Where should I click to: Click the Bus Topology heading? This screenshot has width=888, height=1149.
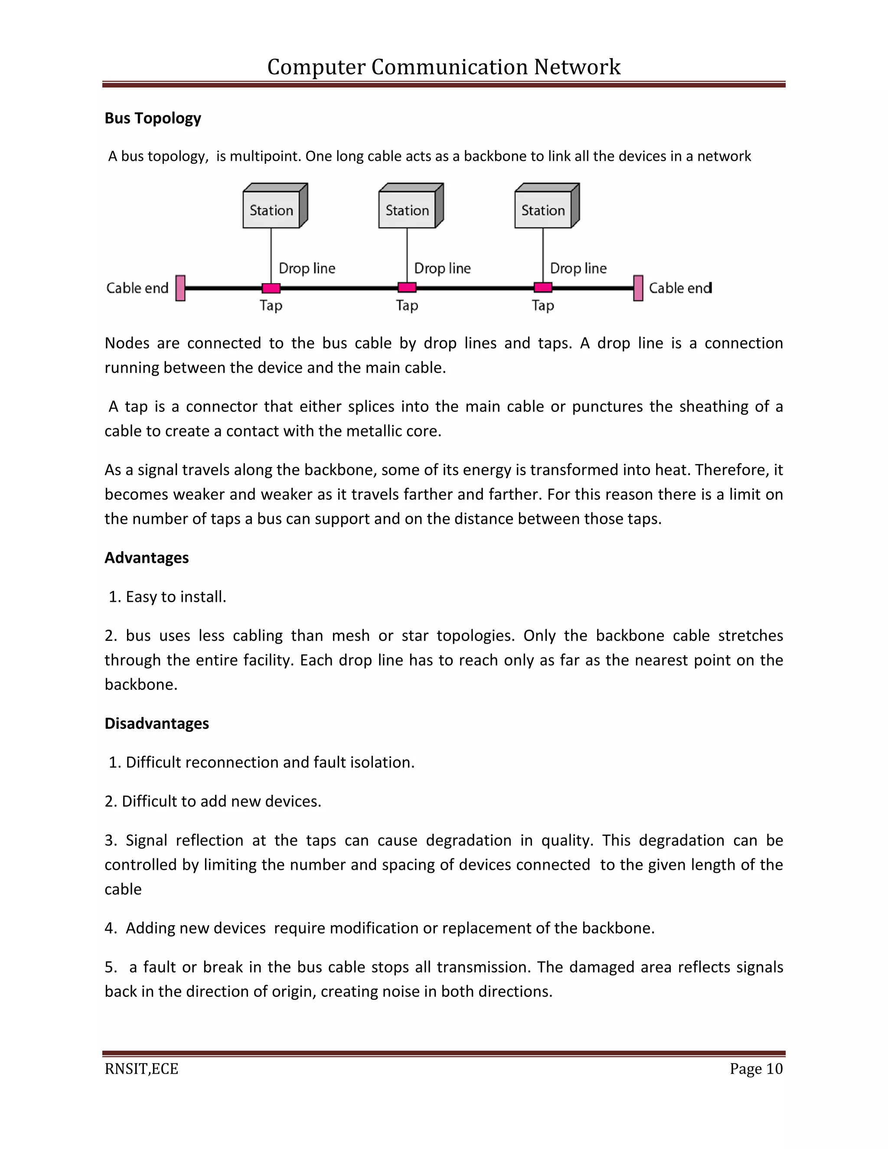[153, 118]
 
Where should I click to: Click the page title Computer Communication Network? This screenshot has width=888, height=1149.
[444, 67]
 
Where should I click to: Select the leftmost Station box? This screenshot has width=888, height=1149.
[271, 210]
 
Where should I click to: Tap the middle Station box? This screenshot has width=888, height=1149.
[407, 210]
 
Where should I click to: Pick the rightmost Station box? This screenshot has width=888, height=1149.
[543, 210]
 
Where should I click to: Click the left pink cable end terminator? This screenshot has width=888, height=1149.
[180, 288]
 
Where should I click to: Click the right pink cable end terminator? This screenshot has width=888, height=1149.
[638, 288]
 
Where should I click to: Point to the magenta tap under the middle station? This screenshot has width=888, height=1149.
[407, 287]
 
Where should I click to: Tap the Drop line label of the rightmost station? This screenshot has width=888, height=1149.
[578, 268]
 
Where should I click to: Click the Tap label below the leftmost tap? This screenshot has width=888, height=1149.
[271, 306]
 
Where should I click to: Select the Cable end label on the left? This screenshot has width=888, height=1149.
[137, 288]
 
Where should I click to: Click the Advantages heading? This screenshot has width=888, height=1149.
[146, 558]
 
